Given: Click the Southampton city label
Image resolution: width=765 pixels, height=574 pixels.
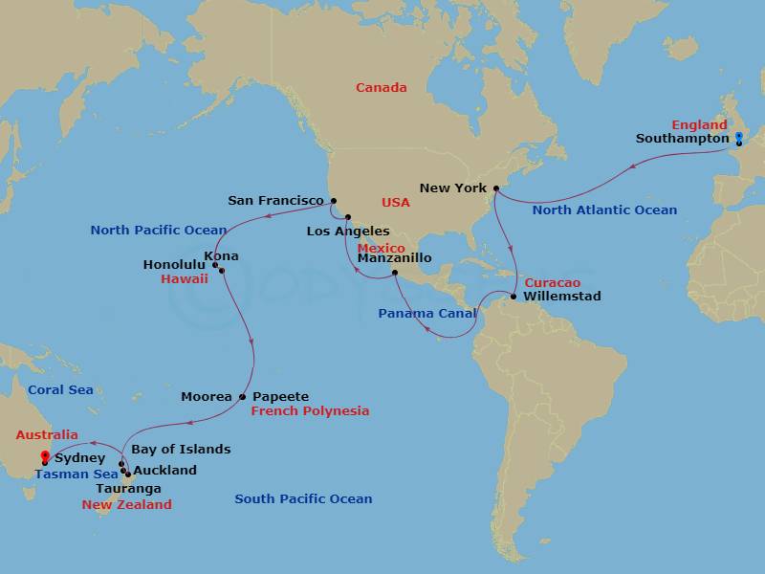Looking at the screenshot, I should pyautogui.click(x=682, y=139).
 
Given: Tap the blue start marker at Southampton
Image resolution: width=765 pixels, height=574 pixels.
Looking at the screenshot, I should pyautogui.click(x=738, y=139).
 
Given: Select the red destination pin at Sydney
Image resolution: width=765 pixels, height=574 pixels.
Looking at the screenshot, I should pyautogui.click(x=45, y=456).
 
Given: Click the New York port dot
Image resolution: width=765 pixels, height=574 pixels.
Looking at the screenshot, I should pyautogui.click(x=496, y=188).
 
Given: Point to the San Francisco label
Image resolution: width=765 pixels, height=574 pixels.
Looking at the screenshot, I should pyautogui.click(x=275, y=201).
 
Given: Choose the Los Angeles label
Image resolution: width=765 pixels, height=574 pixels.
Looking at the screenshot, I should pyautogui.click(x=348, y=232).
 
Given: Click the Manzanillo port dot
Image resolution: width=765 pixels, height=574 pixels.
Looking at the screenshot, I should pyautogui.click(x=395, y=274).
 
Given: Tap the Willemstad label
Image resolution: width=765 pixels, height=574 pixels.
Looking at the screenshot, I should pyautogui.click(x=562, y=297).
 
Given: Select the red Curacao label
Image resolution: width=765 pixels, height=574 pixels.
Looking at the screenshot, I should pyautogui.click(x=552, y=283).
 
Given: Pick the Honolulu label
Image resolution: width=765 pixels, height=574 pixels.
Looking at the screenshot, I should pyautogui.click(x=175, y=265).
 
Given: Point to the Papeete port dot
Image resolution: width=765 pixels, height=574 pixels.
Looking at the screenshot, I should pyautogui.click(x=243, y=397).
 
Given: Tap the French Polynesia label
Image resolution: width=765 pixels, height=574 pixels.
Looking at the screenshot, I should pyautogui.click(x=310, y=411).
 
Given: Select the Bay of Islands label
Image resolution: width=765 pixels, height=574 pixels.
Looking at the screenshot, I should pyautogui.click(x=181, y=450).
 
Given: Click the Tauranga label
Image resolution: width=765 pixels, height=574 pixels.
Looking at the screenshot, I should pyautogui.click(x=128, y=488).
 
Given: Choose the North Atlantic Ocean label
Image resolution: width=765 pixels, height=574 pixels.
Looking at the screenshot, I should pyautogui.click(x=604, y=210).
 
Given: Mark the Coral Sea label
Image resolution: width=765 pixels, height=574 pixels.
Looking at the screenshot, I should pyautogui.click(x=60, y=390).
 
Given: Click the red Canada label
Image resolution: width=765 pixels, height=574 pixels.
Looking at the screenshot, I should pyautogui.click(x=381, y=88).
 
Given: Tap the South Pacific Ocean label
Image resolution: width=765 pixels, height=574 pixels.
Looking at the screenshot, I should pyautogui.click(x=303, y=499).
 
